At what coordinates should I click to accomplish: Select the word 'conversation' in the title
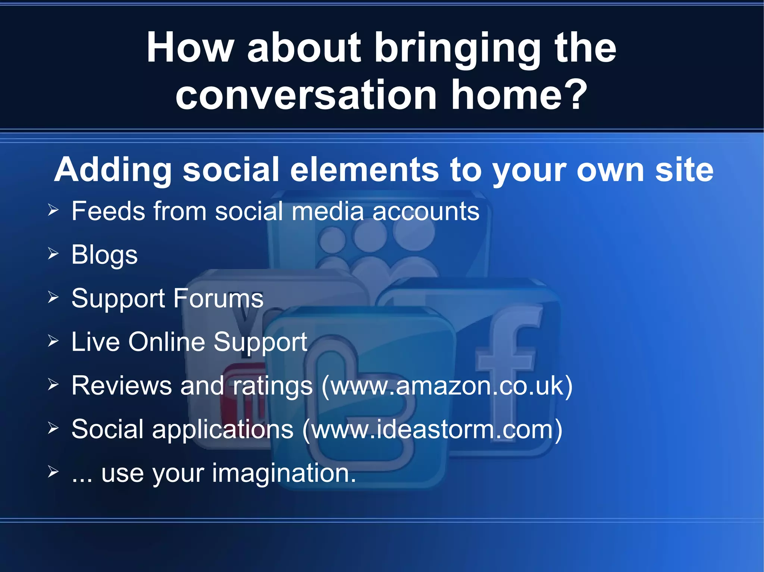(306, 95)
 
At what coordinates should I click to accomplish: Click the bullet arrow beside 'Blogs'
(53, 254)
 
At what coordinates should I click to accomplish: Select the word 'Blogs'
(104, 255)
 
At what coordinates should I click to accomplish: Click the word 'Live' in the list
(95, 342)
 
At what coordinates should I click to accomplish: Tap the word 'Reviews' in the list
(121, 386)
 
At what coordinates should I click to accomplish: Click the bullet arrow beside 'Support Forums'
(53, 297)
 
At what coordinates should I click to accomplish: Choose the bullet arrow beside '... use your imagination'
(53, 472)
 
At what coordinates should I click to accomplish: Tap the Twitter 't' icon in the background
(358, 402)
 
